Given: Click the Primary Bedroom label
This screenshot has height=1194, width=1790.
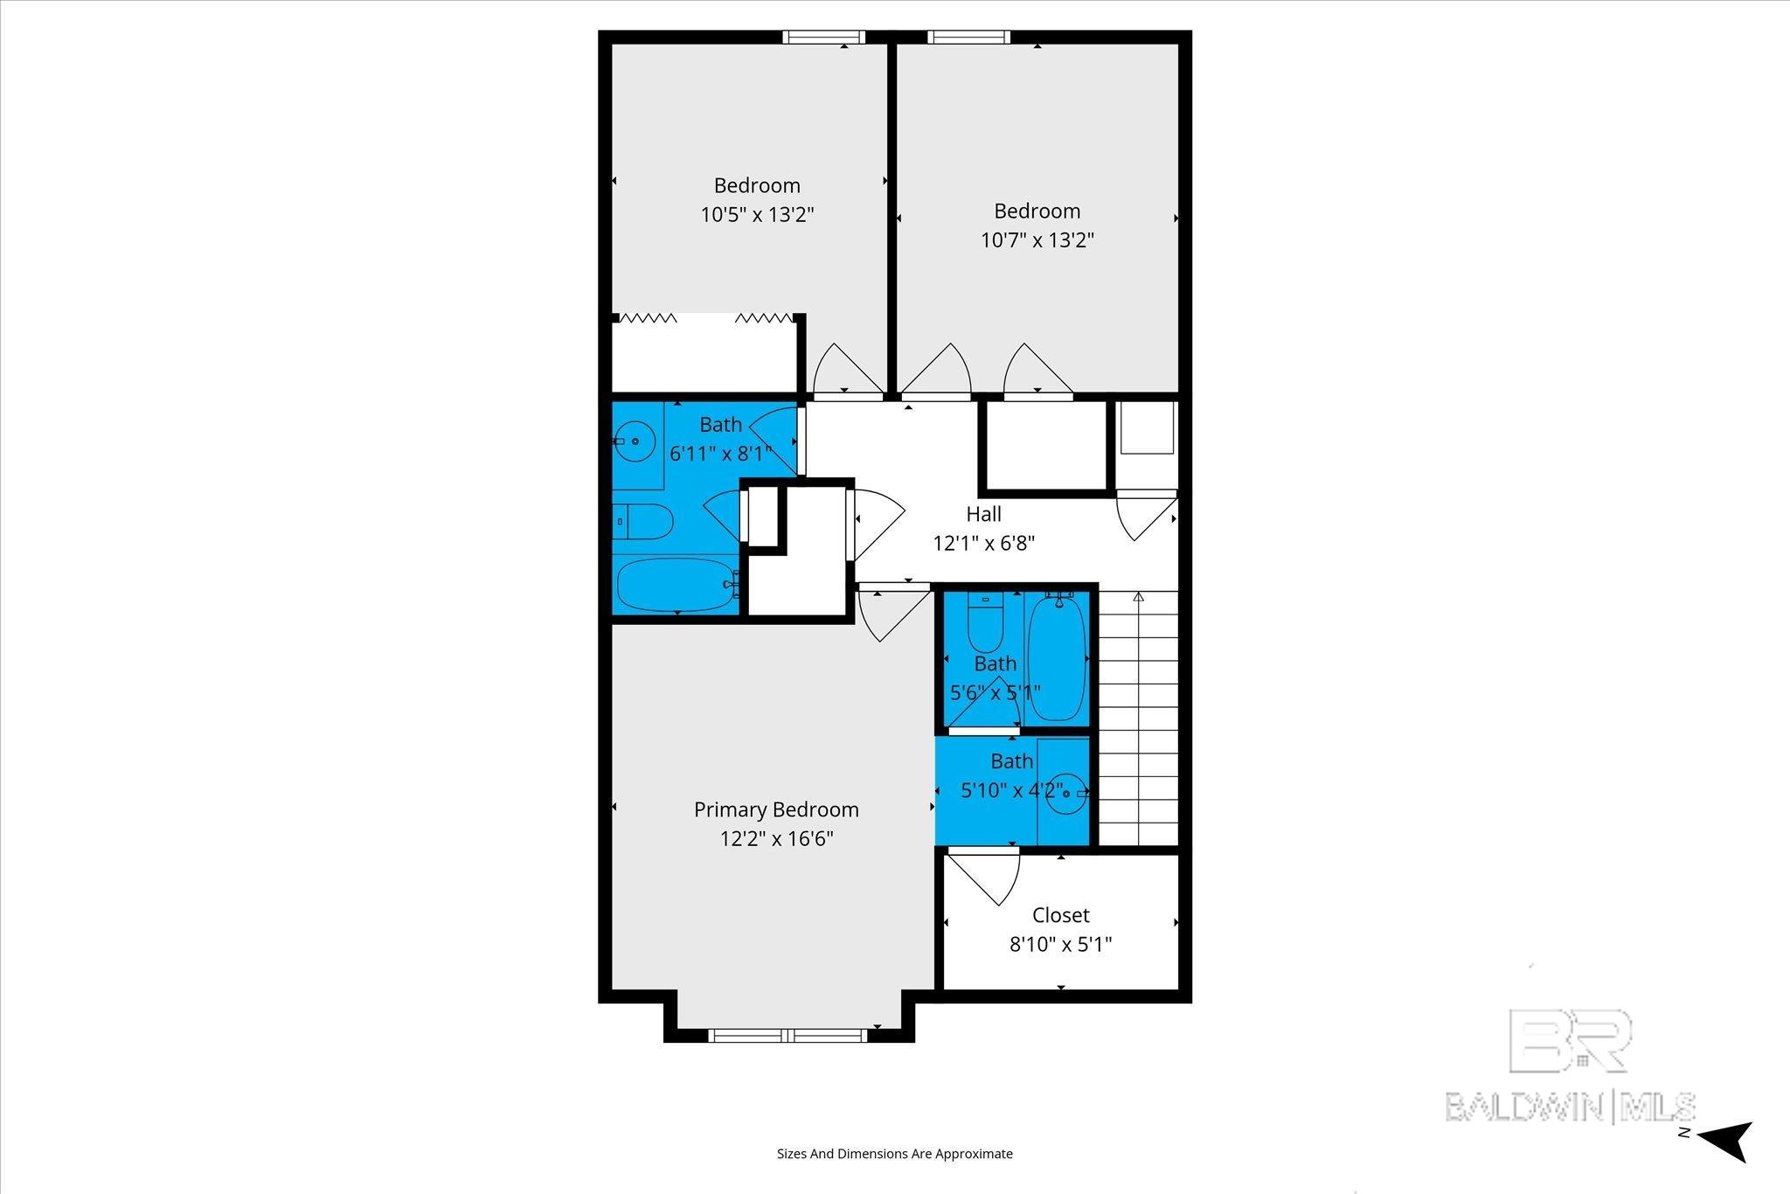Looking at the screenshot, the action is click(776, 810).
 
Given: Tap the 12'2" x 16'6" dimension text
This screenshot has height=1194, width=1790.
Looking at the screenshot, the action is click(776, 839).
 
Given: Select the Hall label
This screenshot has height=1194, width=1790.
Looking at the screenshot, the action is click(983, 514).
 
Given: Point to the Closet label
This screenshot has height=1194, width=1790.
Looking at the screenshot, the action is click(1060, 916).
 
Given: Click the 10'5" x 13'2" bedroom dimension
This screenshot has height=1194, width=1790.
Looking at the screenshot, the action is click(757, 215).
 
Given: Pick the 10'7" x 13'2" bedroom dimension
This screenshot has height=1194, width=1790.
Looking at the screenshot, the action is click(1037, 240).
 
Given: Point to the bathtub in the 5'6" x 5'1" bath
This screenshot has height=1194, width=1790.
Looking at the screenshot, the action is click(1057, 656).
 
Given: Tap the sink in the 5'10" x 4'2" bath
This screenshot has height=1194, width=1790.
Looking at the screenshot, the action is click(1068, 793).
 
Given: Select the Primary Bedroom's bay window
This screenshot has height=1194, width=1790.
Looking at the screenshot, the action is click(787, 1036).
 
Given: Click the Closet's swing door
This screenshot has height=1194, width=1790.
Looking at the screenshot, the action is click(984, 876).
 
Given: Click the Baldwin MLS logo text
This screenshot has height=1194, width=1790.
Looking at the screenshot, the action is click(1570, 1106).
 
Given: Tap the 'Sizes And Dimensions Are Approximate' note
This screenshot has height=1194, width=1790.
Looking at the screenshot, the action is click(895, 1154).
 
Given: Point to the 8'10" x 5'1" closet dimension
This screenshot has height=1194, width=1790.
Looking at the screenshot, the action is click(1060, 945).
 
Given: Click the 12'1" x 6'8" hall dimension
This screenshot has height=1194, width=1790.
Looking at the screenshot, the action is click(984, 544).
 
